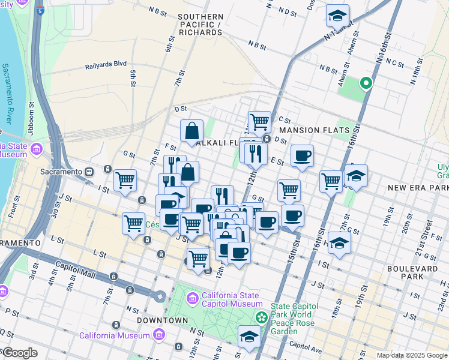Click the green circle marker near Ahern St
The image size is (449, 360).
[x=364, y=83]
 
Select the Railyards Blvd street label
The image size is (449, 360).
[x=106, y=64]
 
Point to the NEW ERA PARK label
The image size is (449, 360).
[x=418, y=188]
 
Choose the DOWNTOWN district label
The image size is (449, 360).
[x=154, y=320]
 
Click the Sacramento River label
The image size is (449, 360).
[x=7, y=93]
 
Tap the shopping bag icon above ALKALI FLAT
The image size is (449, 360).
[x=191, y=130]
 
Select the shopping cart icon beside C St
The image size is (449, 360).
[x=259, y=121]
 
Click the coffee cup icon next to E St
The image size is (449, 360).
[x=302, y=156]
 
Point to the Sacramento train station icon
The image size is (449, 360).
[x=89, y=171]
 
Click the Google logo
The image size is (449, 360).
[x=19, y=353]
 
